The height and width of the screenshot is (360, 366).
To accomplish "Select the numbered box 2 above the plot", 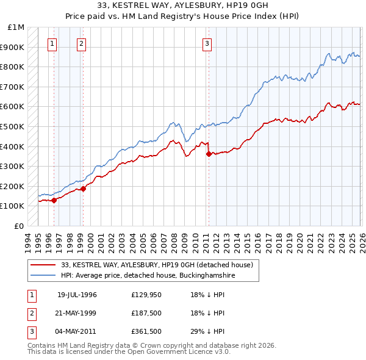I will [x=81, y=43].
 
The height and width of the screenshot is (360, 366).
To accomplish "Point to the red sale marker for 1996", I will [x=54, y=200].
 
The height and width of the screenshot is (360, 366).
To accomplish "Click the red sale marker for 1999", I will [x=83, y=189].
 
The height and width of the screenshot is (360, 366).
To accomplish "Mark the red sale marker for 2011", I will [x=209, y=154].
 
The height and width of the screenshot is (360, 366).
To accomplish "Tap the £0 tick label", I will [x=18, y=226].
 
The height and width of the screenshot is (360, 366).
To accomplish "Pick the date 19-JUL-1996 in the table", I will [x=77, y=295].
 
